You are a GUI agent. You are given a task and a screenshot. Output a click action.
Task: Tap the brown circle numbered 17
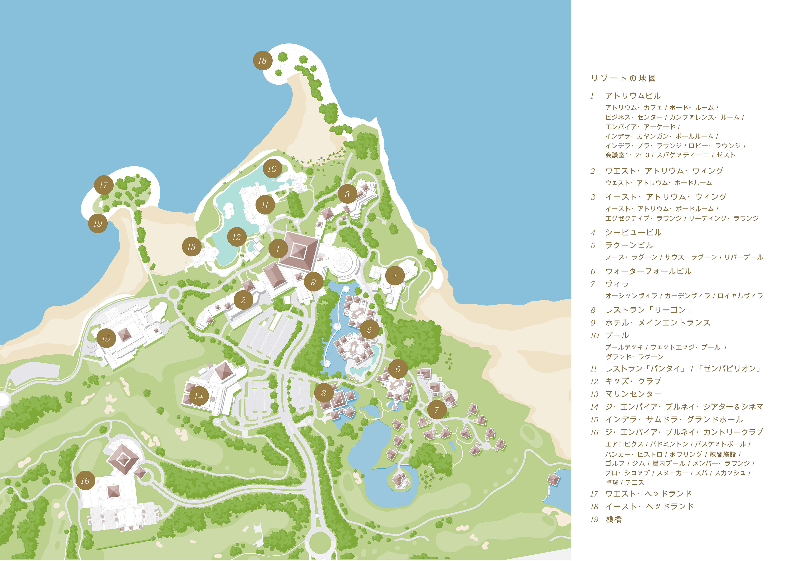[104, 185]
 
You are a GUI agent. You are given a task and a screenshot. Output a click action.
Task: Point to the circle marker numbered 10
[272, 169]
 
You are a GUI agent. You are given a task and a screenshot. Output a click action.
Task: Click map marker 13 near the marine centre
[192, 247]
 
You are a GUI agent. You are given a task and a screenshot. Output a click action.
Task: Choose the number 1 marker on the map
[278, 249]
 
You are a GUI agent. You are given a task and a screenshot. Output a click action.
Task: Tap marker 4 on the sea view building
[395, 276]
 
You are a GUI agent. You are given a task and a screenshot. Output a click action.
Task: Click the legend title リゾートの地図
[623, 78]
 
